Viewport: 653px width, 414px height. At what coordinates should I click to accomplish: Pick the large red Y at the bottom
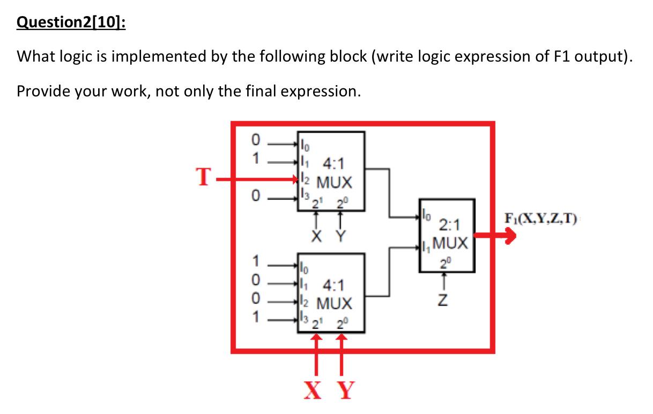[x=345, y=390]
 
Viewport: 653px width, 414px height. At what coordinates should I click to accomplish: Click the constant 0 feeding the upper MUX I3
[x=256, y=197]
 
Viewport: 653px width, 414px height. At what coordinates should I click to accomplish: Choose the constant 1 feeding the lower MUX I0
[x=256, y=263]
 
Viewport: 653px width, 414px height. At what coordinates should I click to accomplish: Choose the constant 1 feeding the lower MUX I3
[x=256, y=317]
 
